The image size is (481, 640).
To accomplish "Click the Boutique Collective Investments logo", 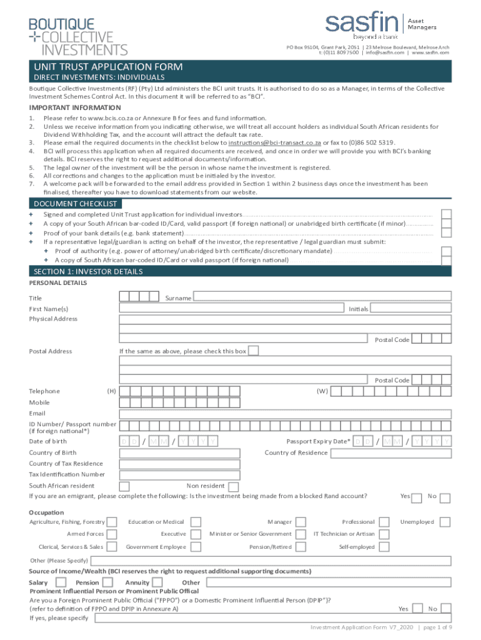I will point(78,36).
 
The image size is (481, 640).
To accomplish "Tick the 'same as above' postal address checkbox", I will point(254,351).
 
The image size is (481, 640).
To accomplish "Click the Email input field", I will point(284,413).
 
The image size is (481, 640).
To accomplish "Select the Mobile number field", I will point(284,402).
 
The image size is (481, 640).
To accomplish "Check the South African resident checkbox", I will point(124,486).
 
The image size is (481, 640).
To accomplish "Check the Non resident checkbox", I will point(233,486).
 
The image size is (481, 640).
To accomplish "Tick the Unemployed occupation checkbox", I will point(445,522).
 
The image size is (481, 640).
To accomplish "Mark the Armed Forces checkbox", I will point(111,534).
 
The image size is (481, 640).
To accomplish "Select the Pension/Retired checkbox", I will point(300,547).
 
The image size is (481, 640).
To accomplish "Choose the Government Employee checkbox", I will point(196,547).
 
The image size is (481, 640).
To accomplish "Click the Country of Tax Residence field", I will point(284,464).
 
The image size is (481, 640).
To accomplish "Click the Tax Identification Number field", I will point(284,474).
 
